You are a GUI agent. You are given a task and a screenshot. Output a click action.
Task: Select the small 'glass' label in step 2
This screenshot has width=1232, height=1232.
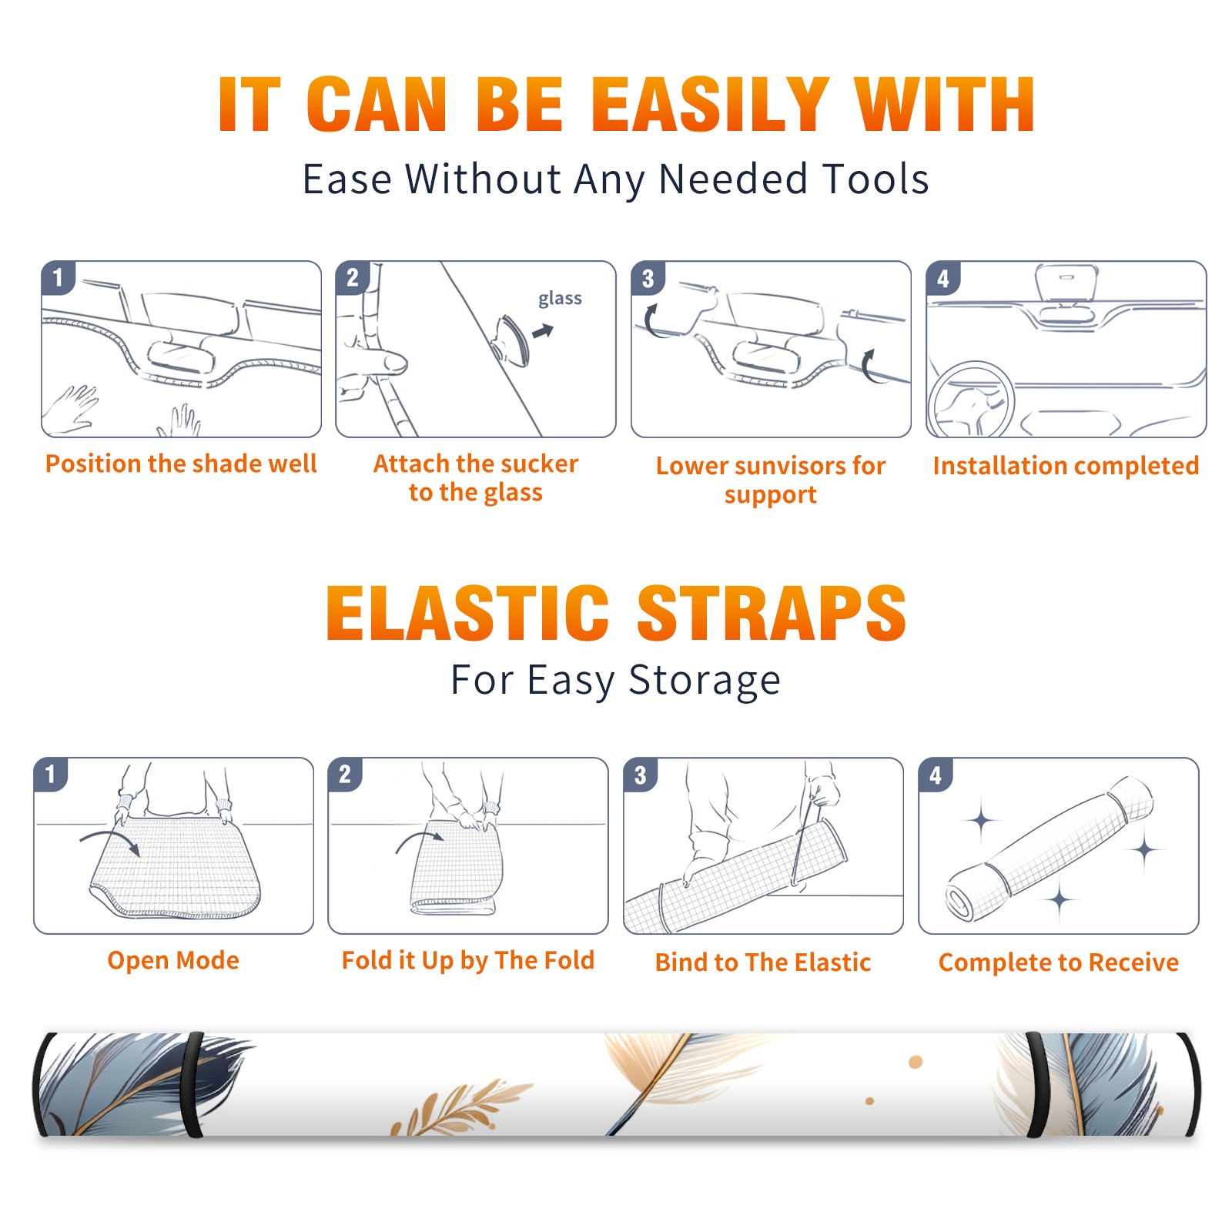(x=560, y=299)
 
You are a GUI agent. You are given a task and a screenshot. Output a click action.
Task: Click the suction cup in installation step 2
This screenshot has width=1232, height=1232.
(x=512, y=340)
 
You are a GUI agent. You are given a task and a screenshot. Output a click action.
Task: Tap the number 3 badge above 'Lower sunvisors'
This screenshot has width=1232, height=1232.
(x=648, y=278)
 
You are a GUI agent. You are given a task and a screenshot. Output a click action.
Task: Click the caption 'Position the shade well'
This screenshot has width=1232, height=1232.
(x=181, y=464)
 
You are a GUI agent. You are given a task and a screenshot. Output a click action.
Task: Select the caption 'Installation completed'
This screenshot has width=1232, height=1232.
(x=1066, y=466)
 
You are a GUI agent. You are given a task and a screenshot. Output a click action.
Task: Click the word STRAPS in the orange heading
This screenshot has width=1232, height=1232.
(x=772, y=613)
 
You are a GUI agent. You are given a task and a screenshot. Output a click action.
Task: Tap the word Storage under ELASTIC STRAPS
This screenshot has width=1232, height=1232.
(x=705, y=681)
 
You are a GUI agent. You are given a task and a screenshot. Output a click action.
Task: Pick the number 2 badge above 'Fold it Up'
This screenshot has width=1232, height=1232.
(x=344, y=775)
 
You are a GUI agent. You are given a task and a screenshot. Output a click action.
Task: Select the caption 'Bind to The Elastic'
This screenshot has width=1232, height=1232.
(x=762, y=962)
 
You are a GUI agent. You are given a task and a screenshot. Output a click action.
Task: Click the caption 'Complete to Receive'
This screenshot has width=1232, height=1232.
(x=1059, y=962)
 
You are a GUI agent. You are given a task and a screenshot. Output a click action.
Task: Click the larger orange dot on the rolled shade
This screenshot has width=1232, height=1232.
(x=916, y=1063)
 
